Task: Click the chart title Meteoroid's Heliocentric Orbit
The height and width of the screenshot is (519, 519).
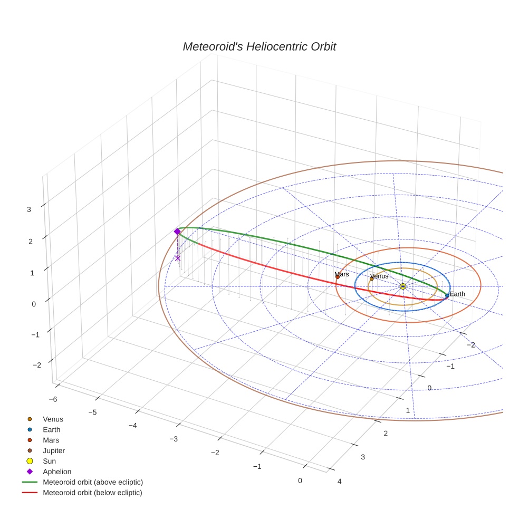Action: coord(259,46)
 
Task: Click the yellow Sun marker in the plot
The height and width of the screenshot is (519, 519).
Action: coord(402,286)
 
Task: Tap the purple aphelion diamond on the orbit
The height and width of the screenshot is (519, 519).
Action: coord(177,232)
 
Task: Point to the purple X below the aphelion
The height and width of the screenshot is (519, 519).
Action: coord(177,258)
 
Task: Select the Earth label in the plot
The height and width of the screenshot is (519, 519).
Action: coord(457,294)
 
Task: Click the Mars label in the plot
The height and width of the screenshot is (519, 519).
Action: coord(342,274)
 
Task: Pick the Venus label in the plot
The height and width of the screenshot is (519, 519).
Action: coord(379,276)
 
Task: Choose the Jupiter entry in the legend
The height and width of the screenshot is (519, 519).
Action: coord(54,450)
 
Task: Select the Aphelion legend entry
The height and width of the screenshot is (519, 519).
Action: coord(56,472)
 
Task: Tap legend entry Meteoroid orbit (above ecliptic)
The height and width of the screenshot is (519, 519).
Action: coord(93,482)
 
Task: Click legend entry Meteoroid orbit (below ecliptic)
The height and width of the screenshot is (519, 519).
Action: coord(92,493)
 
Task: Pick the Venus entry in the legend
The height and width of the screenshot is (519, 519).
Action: coord(53,419)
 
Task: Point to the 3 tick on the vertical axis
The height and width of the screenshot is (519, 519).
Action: coord(29,209)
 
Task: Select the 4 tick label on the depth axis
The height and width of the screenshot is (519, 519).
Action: coord(339,481)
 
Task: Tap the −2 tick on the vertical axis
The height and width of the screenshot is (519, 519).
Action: coord(37,365)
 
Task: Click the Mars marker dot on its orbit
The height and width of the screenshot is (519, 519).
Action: coord(338,276)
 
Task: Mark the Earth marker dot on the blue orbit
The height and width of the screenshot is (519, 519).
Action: coord(447,296)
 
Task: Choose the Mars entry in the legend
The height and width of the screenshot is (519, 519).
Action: coord(51,440)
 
